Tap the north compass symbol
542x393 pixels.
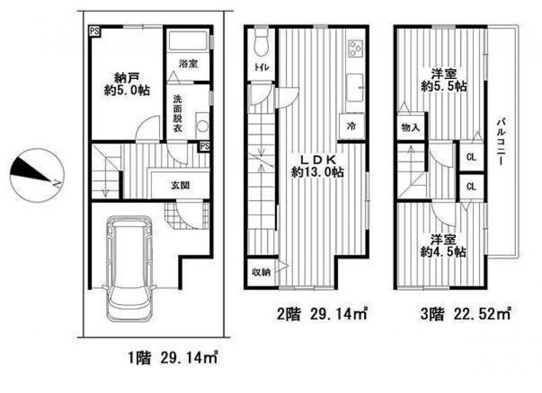tap(36, 175)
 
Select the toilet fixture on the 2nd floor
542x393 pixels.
tap(262, 44)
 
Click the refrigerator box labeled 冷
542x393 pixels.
tap(351, 126)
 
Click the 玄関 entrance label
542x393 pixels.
tap(179, 185)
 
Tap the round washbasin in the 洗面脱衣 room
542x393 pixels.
tap(202, 125)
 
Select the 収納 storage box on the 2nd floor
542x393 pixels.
tap(261, 273)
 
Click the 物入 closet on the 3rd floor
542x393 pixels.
tap(411, 128)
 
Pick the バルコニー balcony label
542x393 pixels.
tap(500, 142)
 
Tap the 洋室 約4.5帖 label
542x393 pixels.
tap(443, 246)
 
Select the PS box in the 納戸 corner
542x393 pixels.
tap(94, 32)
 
